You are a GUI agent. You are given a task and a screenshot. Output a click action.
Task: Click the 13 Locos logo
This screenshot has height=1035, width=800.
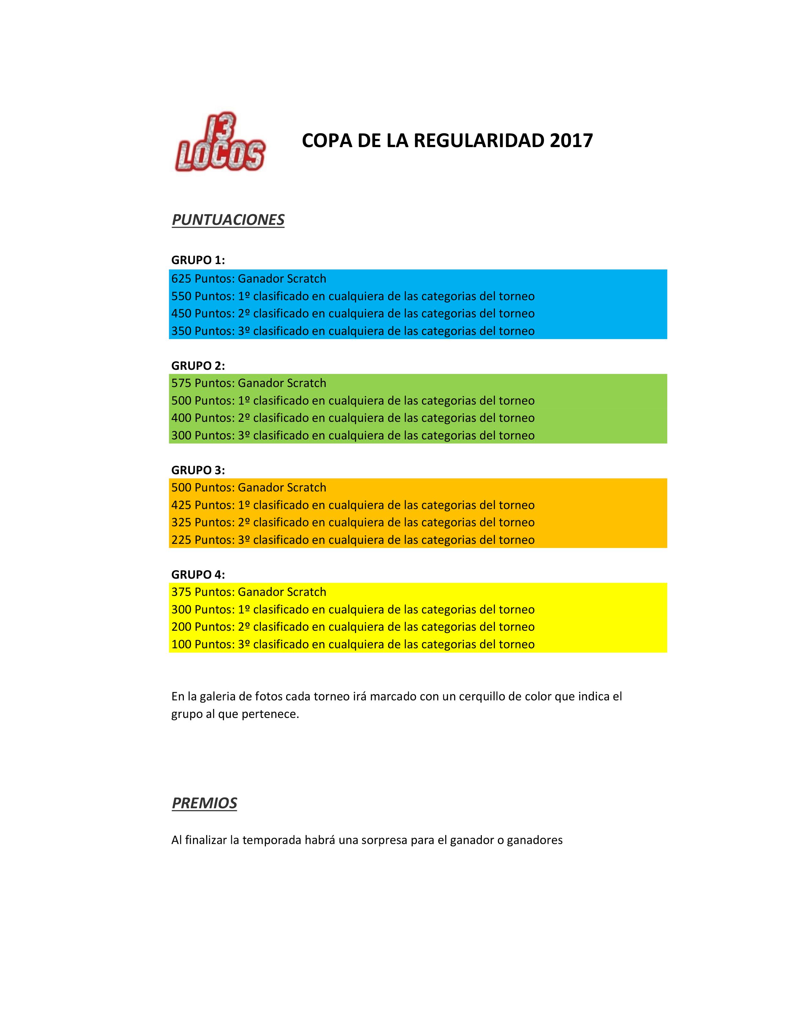tap(220, 142)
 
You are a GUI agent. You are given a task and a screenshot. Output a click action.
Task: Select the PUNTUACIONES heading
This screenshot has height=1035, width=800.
tap(228, 220)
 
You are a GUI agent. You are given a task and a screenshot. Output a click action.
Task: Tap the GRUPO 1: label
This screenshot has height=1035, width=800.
tap(198, 260)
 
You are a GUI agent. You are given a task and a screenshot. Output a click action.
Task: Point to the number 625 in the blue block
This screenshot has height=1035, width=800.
tap(181, 279)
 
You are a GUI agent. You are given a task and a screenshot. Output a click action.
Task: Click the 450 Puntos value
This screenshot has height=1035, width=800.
tap(202, 314)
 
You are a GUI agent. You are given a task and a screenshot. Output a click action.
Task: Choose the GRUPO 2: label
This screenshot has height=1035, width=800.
tap(198, 365)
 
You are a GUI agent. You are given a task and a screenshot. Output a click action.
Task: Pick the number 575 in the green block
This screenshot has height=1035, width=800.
tap(181, 383)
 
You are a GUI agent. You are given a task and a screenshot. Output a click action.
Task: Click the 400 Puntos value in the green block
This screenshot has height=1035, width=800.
tap(202, 418)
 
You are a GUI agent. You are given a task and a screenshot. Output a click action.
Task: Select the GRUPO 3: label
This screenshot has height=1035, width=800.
tap(198, 470)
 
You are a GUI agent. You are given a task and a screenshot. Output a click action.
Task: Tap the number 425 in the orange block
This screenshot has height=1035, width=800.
tap(181, 505)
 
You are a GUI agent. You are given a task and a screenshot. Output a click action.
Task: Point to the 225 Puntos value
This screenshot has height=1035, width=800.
tap(202, 540)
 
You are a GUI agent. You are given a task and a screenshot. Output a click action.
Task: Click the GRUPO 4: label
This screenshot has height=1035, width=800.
tap(198, 575)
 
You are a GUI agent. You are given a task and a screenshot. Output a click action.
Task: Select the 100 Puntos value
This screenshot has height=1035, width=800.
tap(202, 645)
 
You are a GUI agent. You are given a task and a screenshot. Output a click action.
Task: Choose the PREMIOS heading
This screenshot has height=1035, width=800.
tap(204, 803)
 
